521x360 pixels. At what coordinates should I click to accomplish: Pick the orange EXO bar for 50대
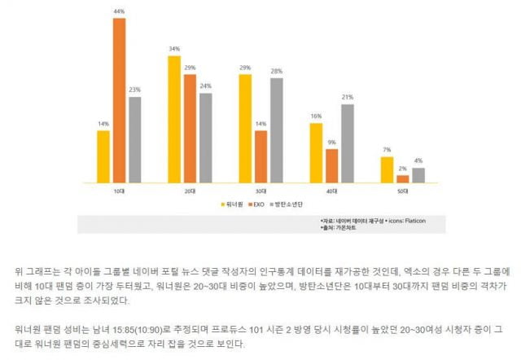tap(403, 178)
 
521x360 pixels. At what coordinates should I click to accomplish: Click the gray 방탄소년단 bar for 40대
tap(348, 143)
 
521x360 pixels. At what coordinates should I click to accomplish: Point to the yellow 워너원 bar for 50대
tap(387, 169)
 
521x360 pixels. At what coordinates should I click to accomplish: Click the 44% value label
tap(119, 11)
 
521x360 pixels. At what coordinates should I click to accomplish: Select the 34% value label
tap(174, 50)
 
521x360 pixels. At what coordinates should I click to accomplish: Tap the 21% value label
tap(348, 97)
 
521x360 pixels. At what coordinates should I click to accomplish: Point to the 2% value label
tap(403, 169)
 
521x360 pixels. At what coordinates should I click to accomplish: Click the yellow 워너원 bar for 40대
tap(316, 153)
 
